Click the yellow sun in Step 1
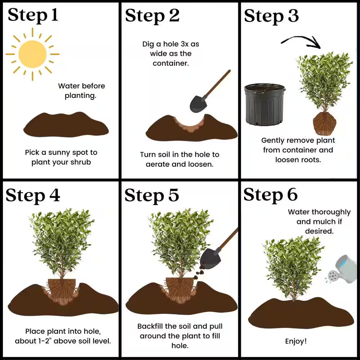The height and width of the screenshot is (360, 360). tap(32, 54)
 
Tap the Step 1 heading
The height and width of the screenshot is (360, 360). tap(33, 15)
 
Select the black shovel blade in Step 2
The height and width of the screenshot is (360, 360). tap(198, 104)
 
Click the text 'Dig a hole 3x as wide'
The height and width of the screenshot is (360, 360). tap(171, 49)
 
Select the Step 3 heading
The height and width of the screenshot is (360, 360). tap(271, 16)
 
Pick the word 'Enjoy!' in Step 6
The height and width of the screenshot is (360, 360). tap(296, 341)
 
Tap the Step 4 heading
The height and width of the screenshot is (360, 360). tap(33, 195)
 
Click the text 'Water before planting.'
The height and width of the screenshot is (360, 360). tap(81, 91)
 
